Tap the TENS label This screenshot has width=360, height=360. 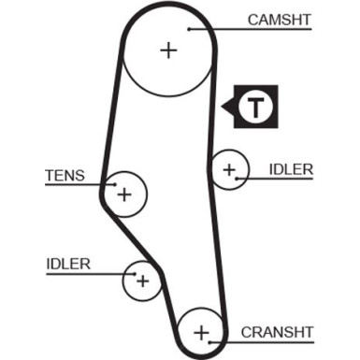coord(65,174)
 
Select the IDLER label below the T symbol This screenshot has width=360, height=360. coord(291,169)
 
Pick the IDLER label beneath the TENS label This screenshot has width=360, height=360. coord(67,264)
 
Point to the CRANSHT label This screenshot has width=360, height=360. coord(277,331)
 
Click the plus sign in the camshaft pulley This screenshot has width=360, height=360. coord(168,50)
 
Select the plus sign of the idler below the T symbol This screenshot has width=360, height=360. coord(228,169)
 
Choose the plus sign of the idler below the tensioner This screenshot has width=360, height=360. coord(142,280)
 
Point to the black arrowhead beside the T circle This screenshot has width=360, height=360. coord(229,108)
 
